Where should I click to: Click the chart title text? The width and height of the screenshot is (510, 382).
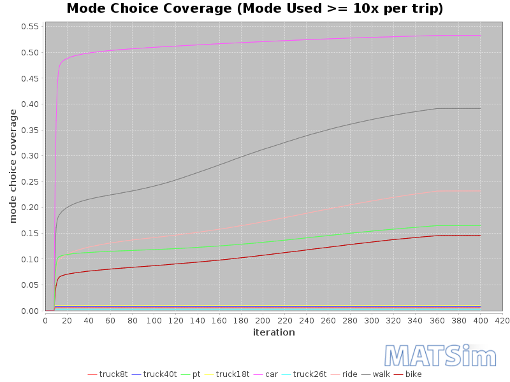(255, 9)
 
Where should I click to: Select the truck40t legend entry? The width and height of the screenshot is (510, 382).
(160, 374)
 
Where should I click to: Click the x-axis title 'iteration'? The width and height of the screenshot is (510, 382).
(273, 332)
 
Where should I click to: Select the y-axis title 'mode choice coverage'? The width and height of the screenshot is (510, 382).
(13, 166)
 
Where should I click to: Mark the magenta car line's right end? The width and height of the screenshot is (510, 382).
(480, 36)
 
